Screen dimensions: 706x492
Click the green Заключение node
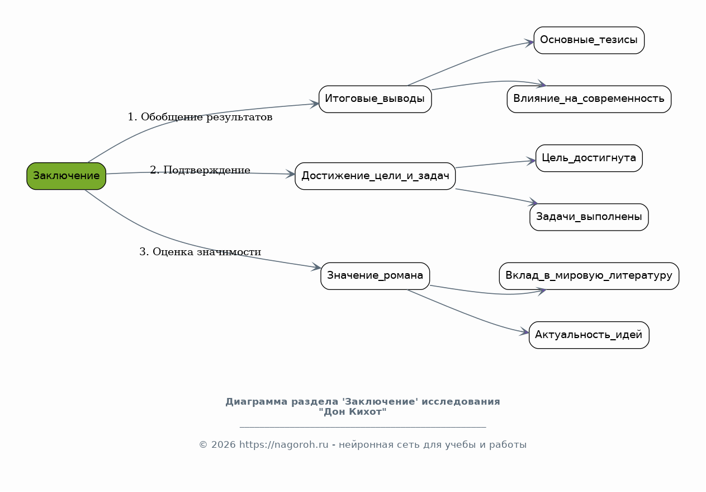click(66, 176)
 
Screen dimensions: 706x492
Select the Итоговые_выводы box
click(375, 99)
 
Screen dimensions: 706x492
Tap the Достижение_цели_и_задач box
click(375, 176)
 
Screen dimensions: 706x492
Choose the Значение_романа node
click(375, 276)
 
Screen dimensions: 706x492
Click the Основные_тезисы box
click(589, 40)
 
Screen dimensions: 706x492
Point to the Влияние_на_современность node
click(589, 99)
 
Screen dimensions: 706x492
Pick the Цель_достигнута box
click(589, 158)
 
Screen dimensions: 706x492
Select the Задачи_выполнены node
click(589, 217)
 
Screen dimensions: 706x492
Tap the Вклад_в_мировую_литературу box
click(589, 276)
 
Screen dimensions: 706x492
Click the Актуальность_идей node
click(589, 335)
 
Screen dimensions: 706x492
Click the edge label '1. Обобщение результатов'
click(200, 117)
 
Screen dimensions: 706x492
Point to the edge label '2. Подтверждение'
click(200, 170)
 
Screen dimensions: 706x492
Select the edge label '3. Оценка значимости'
click(200, 252)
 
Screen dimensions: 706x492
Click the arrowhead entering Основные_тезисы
click(529, 43)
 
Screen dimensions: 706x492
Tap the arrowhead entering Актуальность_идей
click(524, 331)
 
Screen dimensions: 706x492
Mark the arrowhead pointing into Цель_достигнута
click(531, 161)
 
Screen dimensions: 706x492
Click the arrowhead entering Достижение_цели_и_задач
click(290, 174)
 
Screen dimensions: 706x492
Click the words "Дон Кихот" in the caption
click(352, 412)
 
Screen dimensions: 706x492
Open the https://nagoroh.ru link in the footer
click(283, 444)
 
